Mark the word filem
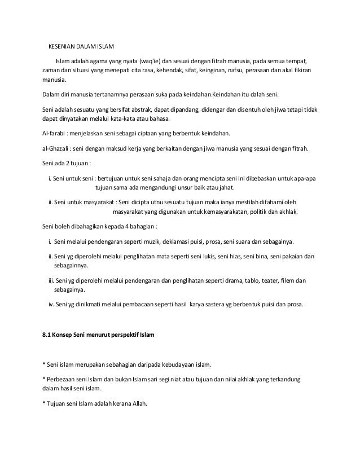(x=284, y=280)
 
